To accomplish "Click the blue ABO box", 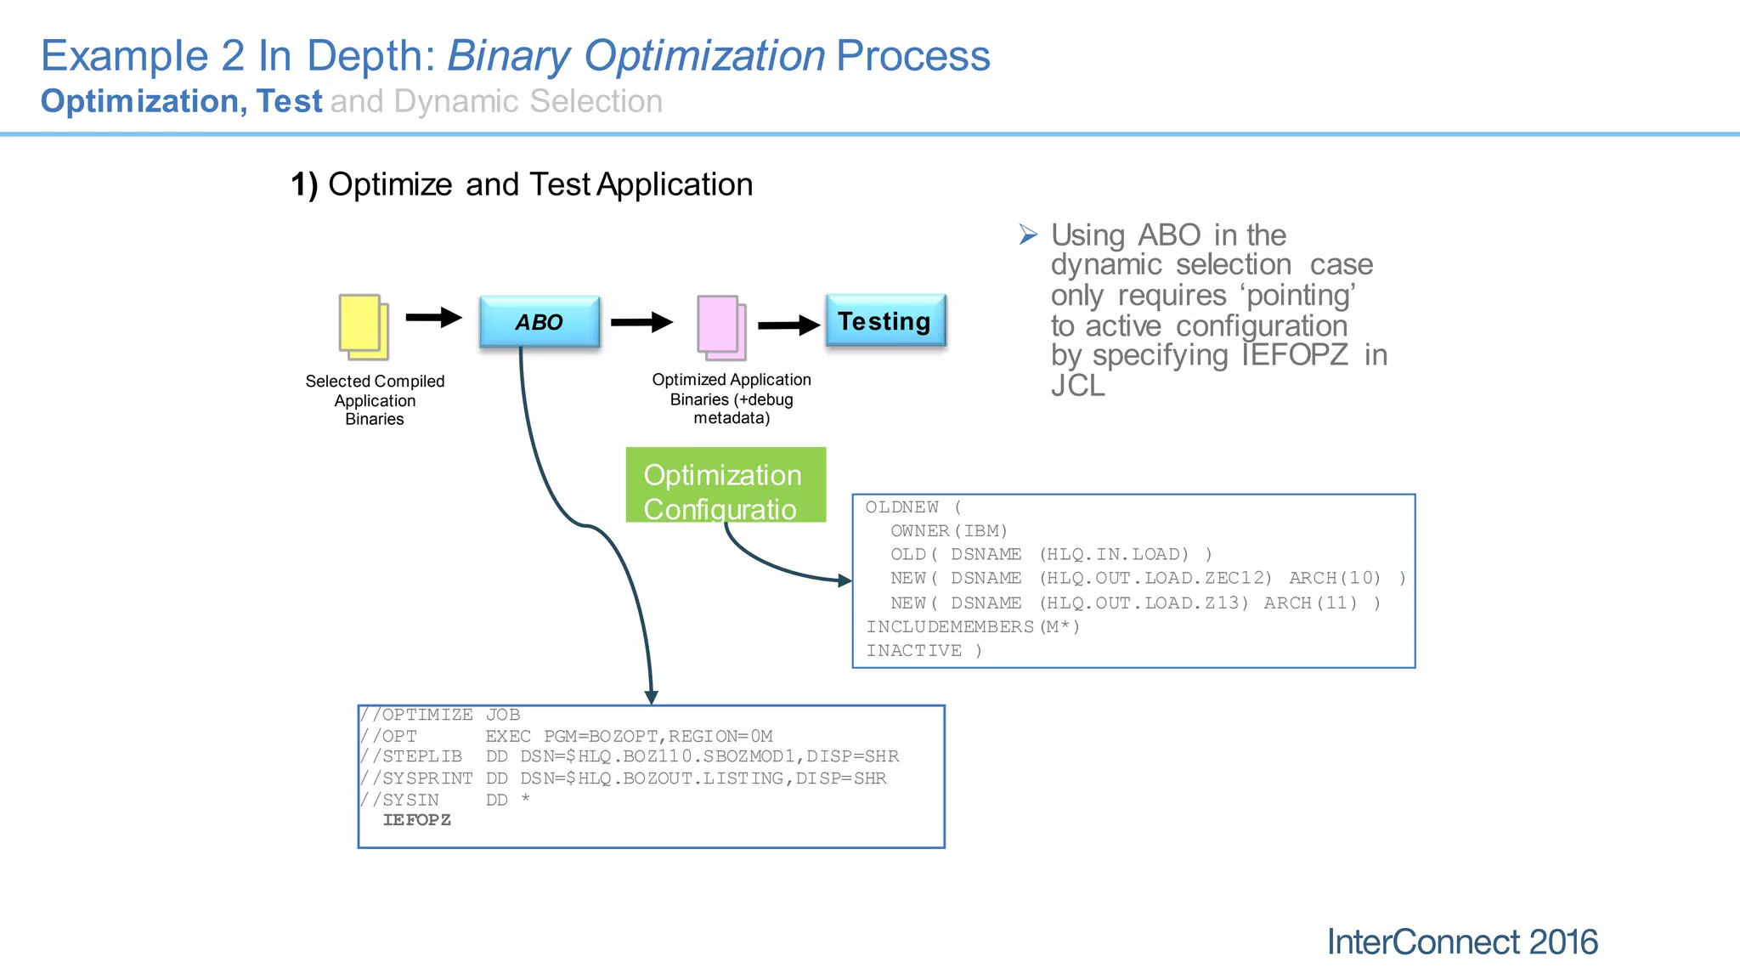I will point(540,322).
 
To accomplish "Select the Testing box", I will point(885,321).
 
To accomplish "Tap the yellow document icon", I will point(364,326).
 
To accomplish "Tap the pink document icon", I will point(721,326).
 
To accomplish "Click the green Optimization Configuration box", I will point(725,484).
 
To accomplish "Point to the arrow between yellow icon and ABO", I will point(433,318).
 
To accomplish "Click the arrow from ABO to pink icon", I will point(641,322).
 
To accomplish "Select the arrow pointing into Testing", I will point(788,325).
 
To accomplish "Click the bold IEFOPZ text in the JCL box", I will point(416,820).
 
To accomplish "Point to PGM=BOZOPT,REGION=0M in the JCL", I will point(658,736).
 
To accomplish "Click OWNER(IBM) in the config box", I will point(948,531).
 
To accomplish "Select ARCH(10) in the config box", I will point(1335,578).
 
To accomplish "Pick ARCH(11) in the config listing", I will point(1310,603).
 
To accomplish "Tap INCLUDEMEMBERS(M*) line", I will point(973,627).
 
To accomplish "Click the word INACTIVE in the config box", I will point(914,651).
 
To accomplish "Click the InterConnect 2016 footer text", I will point(1461,942).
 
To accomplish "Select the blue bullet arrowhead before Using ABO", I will point(1028,235).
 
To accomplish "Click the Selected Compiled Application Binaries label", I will point(375,400).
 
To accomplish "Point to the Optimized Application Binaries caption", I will point(732,399).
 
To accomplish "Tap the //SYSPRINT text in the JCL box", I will point(415,778).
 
